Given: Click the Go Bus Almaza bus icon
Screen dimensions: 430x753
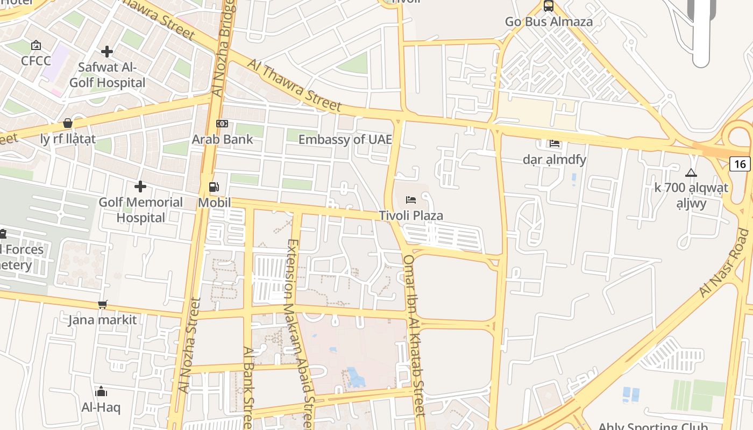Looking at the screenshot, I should (x=548, y=6).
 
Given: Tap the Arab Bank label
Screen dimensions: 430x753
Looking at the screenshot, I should (x=222, y=139).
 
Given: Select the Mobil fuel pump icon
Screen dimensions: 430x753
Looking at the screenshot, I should (x=214, y=187).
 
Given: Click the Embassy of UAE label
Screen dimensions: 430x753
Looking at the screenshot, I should (x=345, y=139).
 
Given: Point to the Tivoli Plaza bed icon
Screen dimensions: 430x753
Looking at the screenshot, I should (x=411, y=200).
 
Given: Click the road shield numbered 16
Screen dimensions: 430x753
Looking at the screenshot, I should (x=740, y=164).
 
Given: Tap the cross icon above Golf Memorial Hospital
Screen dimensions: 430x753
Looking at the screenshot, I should (x=140, y=187).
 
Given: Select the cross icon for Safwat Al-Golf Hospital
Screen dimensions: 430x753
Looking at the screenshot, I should (x=107, y=52).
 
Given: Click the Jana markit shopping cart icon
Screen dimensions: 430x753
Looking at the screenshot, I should (x=103, y=305).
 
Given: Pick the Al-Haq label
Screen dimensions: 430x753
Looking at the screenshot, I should (x=101, y=407).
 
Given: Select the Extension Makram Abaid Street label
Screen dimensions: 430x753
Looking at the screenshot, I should (x=299, y=333).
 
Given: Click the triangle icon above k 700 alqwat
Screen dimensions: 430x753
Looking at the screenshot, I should (x=691, y=173).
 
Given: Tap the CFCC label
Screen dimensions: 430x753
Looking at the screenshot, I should (x=36, y=61).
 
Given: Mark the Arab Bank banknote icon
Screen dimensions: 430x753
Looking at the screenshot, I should (x=222, y=124).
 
